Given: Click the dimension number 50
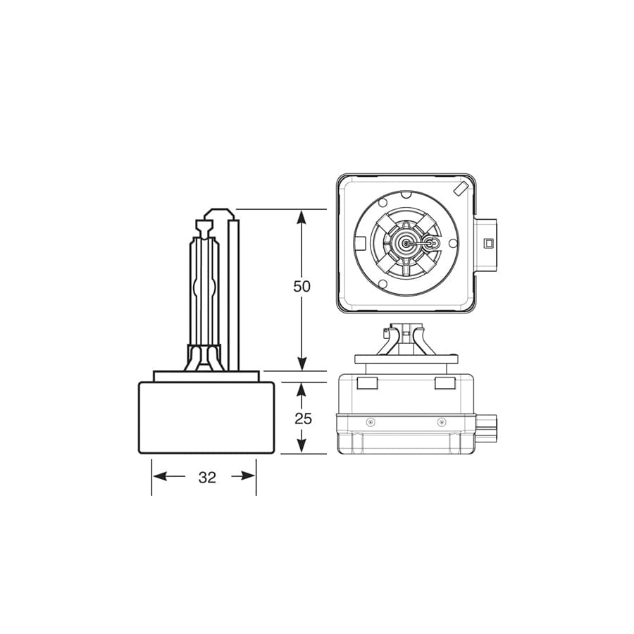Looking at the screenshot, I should pyautogui.click(x=302, y=287).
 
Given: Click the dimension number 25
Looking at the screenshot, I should pyautogui.click(x=303, y=418).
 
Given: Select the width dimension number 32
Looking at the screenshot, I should pyautogui.click(x=206, y=477).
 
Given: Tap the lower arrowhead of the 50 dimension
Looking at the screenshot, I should pyautogui.click(x=302, y=363).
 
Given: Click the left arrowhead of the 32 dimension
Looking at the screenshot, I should pyautogui.click(x=159, y=476).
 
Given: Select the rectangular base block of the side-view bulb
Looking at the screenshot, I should pyautogui.click(x=206, y=418).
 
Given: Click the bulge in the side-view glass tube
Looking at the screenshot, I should pyautogui.click(x=204, y=290).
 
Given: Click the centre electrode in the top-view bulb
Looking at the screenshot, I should pyautogui.click(x=406, y=243).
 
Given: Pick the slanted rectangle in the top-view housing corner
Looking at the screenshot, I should pyautogui.click(x=461, y=189).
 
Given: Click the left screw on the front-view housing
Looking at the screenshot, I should pyautogui.click(x=371, y=422).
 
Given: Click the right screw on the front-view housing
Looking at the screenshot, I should pyautogui.click(x=442, y=422).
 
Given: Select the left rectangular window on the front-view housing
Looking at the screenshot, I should pyautogui.click(x=368, y=383).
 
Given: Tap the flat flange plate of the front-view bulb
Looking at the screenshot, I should pyautogui.click(x=406, y=359).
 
